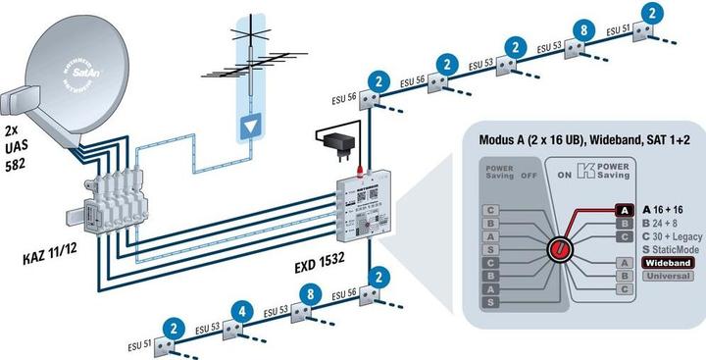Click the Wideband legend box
click(669, 263)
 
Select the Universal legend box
click(669, 276)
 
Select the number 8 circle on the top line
click(584, 30)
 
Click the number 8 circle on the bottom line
click(310, 293)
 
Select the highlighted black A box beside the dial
click(624, 209)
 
